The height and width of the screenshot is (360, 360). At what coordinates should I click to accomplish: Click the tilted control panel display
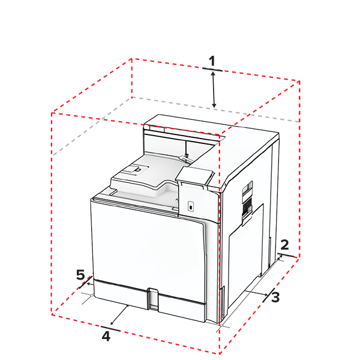195,175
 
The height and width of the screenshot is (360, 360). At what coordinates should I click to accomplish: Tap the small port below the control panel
191,206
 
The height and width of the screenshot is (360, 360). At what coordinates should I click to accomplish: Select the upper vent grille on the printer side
245,193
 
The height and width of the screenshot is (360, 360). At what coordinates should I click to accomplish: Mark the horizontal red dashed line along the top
192,128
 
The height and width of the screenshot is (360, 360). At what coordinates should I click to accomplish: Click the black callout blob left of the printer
76,270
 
